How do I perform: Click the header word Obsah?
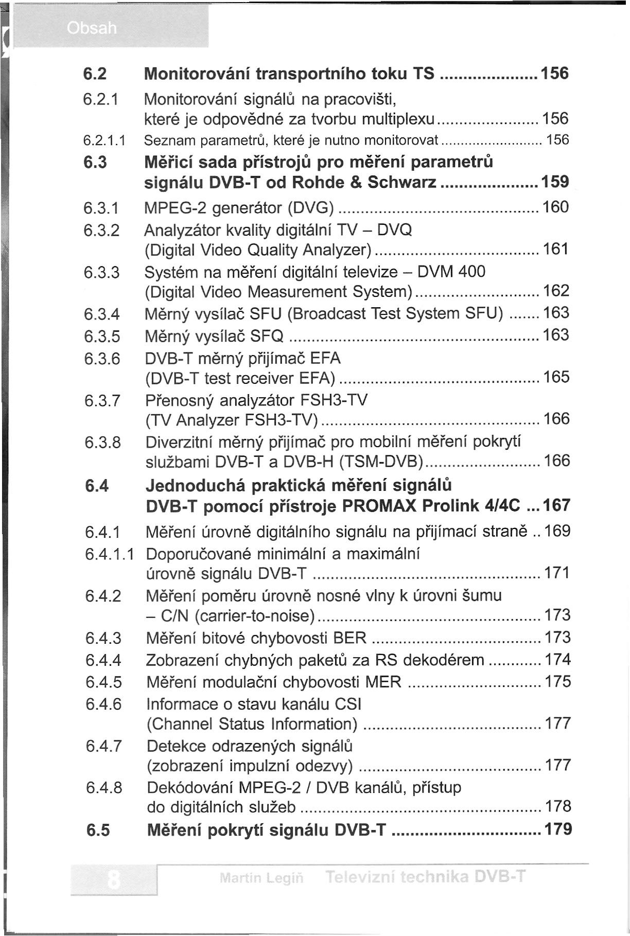coord(92,28)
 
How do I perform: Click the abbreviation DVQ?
coord(395,229)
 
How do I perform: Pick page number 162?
coord(556,291)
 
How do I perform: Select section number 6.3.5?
coord(102,336)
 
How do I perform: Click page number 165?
coord(556,377)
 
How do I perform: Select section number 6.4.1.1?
coord(110,554)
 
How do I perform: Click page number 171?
coord(557,573)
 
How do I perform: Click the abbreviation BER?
coord(350,638)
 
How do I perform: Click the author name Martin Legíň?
coord(261,878)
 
